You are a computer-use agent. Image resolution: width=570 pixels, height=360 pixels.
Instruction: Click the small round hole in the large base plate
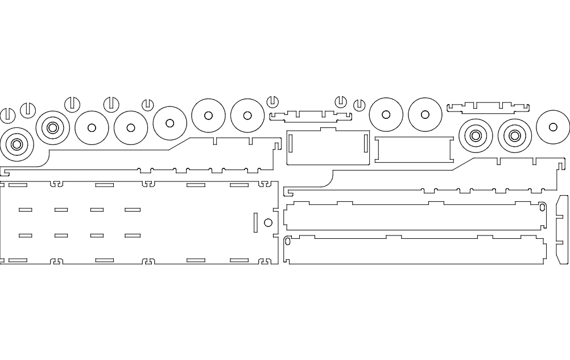(x=268, y=222)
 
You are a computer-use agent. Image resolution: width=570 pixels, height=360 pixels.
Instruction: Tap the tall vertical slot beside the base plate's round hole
(x=255, y=223)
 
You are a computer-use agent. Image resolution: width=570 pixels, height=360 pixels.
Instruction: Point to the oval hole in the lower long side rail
(x=287, y=242)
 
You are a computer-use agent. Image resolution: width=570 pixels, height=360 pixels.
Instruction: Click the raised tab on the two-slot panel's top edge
(x=328, y=130)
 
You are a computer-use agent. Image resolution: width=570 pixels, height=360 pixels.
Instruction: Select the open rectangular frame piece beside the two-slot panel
(x=414, y=150)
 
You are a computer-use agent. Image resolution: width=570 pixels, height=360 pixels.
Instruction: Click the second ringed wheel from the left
(x=52, y=127)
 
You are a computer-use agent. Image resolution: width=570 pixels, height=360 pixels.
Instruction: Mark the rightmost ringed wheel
(x=515, y=135)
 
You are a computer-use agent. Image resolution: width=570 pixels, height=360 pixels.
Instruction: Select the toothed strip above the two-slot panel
(x=311, y=115)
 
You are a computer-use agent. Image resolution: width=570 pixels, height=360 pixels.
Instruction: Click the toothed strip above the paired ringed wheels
(x=488, y=106)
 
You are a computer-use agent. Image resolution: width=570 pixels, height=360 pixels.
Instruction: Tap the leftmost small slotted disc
(x=7, y=114)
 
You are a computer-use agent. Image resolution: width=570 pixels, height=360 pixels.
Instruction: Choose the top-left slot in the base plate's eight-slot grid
(x=26, y=210)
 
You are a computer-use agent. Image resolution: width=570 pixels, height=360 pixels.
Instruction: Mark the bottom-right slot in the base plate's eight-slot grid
(x=133, y=235)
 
